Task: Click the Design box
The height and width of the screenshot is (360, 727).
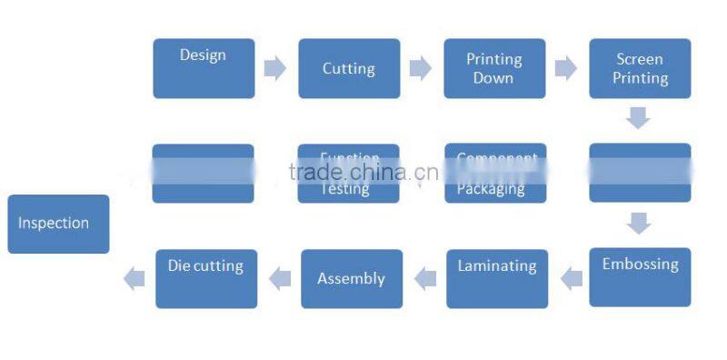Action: (204, 68)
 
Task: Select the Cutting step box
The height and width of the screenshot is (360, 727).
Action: (349, 68)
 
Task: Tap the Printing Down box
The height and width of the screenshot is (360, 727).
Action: (494, 68)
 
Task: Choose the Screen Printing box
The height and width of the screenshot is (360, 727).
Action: (640, 68)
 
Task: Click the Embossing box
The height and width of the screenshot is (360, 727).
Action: (640, 276)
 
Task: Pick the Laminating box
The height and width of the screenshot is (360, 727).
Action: (497, 278)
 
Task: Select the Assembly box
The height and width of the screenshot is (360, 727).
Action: (352, 278)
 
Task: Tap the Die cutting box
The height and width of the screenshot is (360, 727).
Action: (206, 278)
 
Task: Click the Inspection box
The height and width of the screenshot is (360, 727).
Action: (58, 224)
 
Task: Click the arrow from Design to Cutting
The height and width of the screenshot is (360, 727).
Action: (275, 68)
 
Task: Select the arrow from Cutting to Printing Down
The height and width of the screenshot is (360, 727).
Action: (421, 68)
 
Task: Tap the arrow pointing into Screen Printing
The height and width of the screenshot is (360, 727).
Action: (566, 68)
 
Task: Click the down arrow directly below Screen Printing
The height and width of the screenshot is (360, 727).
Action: (639, 118)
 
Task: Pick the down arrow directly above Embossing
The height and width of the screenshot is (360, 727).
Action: (639, 223)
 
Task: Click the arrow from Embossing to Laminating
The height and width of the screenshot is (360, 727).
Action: (571, 278)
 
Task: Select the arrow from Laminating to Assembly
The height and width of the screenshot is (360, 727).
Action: (425, 278)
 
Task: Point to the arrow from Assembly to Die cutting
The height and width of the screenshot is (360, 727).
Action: (280, 278)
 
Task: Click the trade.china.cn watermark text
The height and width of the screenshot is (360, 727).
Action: (363, 173)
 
